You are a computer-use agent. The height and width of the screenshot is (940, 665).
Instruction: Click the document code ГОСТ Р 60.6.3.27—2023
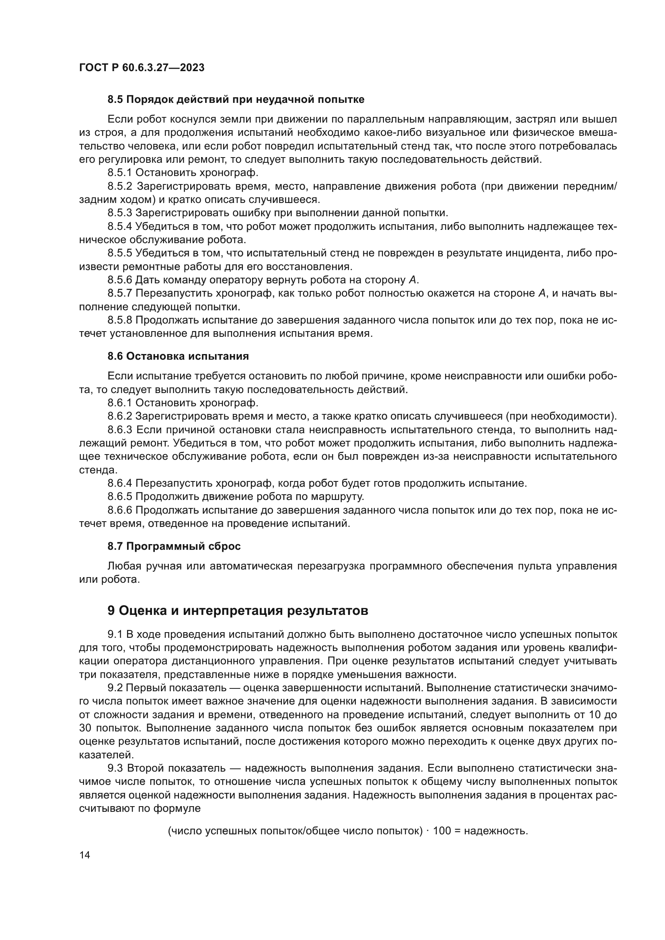point(142,68)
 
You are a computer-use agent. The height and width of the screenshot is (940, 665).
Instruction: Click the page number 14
point(85,855)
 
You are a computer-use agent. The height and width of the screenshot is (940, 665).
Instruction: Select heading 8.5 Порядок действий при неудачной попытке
point(236,100)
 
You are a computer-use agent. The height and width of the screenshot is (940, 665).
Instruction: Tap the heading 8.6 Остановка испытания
point(178,356)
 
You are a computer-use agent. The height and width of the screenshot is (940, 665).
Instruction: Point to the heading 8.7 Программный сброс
point(174,546)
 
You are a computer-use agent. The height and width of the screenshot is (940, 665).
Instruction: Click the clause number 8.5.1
point(120,173)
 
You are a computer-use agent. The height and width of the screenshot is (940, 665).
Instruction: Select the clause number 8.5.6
point(120,280)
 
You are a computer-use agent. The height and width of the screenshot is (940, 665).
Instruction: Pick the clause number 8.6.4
point(120,483)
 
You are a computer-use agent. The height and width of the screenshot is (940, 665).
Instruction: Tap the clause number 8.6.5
point(120,497)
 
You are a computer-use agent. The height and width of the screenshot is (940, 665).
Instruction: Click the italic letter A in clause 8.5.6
point(413,280)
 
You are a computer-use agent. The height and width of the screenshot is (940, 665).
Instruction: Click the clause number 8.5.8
point(120,320)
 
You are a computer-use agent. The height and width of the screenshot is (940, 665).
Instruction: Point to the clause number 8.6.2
point(120,416)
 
